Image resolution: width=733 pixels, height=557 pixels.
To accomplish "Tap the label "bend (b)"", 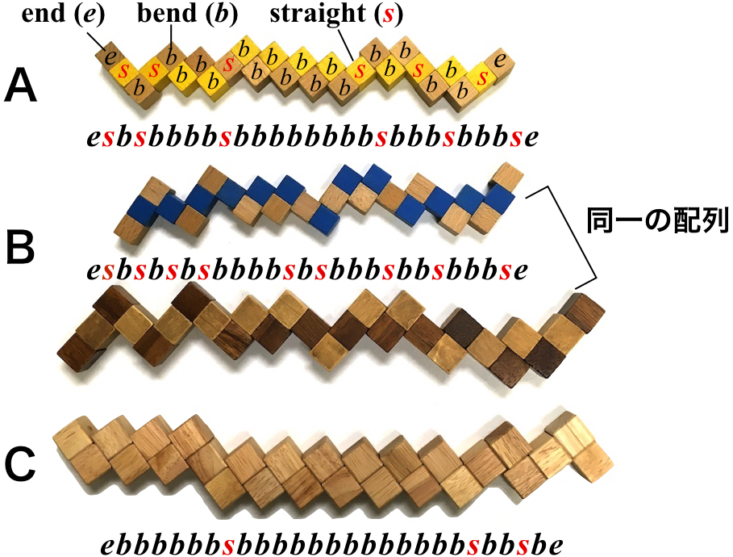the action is click(172, 15).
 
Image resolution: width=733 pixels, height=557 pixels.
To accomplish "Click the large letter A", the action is click(21, 87).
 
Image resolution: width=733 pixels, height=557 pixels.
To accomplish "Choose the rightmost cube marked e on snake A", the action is click(502, 59).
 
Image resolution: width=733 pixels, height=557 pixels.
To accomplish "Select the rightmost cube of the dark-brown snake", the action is click(582, 311).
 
